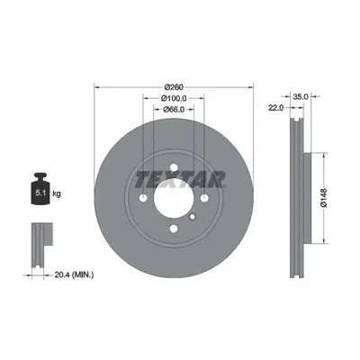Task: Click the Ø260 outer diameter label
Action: click(x=174, y=87)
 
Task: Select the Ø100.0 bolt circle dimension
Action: click(x=174, y=98)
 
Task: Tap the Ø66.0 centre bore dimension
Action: click(x=174, y=110)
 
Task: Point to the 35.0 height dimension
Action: click(x=301, y=96)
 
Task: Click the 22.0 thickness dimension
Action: click(x=275, y=107)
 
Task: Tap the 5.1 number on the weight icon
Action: click(x=40, y=193)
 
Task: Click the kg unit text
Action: click(x=57, y=193)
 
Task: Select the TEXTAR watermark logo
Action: click(x=180, y=180)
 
